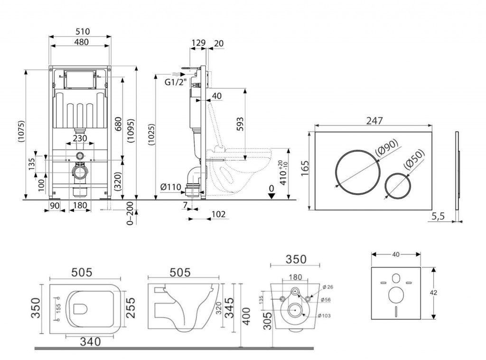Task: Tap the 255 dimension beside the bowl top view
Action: (131, 307)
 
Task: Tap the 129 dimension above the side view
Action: (198, 43)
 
